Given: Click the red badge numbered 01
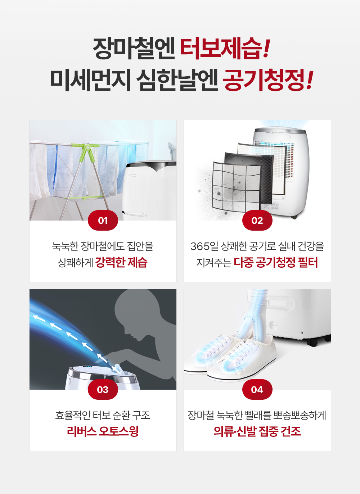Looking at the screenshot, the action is point(103,220).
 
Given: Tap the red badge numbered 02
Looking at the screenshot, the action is point(257,220).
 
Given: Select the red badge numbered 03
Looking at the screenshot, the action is point(103,389).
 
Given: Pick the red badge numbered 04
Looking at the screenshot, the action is point(257,389).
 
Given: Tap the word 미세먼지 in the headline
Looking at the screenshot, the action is point(91,80).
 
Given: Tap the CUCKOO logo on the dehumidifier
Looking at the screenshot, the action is point(132,175).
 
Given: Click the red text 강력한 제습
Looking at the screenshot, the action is point(121,262).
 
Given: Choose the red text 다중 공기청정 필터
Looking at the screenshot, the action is point(276,262).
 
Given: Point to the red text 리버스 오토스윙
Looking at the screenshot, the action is point(103,431).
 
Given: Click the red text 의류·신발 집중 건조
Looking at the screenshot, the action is point(257,431).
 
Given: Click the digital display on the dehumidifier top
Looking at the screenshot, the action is point(87,367).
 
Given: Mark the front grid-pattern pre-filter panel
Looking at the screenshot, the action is point(236,185).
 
